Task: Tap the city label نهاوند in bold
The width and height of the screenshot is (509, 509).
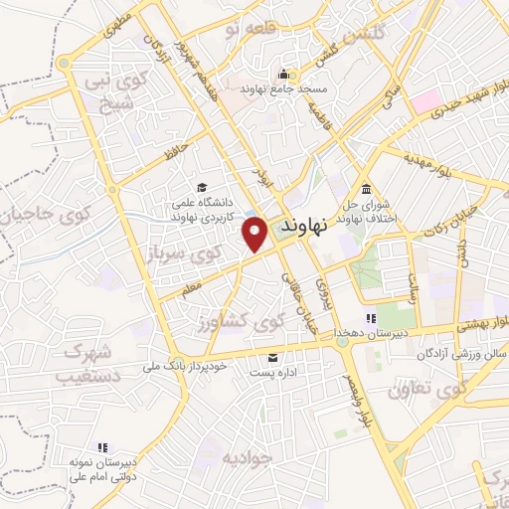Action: (x=304, y=227)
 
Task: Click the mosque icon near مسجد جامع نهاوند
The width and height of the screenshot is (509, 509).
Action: (x=284, y=75)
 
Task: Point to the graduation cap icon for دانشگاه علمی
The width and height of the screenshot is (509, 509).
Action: (x=203, y=188)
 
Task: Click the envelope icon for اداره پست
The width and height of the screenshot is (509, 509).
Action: (x=273, y=358)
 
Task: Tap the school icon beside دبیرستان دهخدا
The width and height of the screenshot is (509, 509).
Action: (x=371, y=319)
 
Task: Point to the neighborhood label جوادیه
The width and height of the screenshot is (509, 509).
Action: (x=247, y=458)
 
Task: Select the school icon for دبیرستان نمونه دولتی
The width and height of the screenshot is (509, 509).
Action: (x=102, y=448)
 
